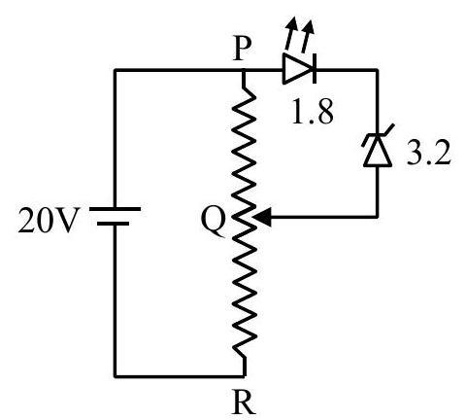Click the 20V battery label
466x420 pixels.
click(x=49, y=221)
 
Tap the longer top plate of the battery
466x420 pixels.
click(x=115, y=209)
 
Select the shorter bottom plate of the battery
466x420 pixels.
click(x=113, y=224)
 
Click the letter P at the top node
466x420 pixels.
click(x=243, y=50)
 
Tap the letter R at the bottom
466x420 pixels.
click(x=244, y=403)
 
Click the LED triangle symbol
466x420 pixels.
click(x=297, y=69)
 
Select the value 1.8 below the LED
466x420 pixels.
click(x=312, y=112)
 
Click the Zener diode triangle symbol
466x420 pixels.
click(x=378, y=152)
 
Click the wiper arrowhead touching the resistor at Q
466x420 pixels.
click(x=261, y=217)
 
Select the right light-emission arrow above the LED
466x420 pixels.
click(x=308, y=36)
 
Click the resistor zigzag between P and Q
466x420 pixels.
click(x=245, y=148)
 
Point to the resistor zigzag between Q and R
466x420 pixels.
click(x=245, y=289)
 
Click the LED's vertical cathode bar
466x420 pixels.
click(x=315, y=69)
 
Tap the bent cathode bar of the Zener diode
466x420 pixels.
click(x=378, y=136)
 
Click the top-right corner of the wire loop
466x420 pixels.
click(x=378, y=70)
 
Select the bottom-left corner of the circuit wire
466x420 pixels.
click(x=116, y=376)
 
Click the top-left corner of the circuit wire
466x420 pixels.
click(x=116, y=70)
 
